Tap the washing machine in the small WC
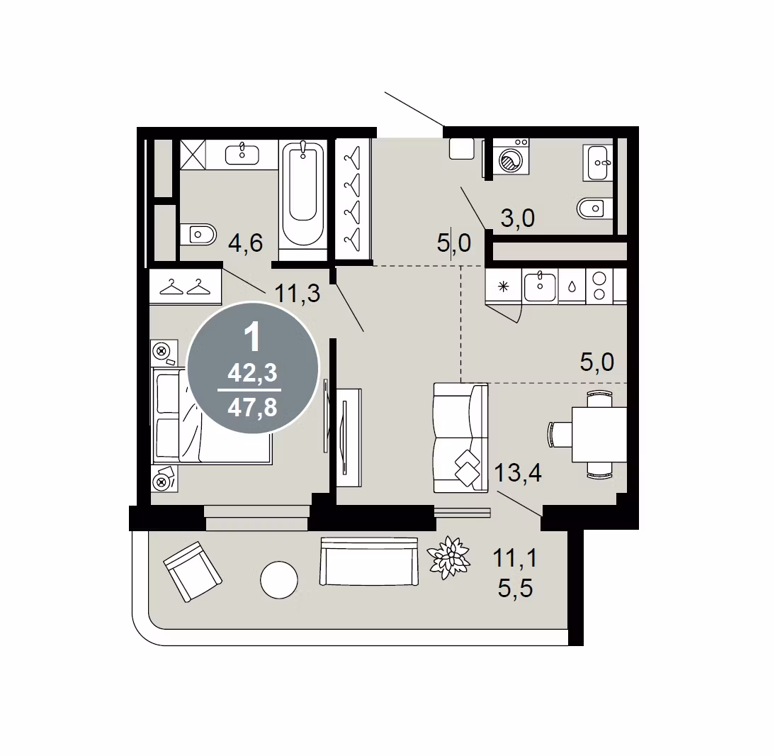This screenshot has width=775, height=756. pos(511,157)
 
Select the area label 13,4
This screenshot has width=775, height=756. pos(517,473)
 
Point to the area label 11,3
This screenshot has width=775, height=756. pos(297,294)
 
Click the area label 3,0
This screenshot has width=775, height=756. pos(517,218)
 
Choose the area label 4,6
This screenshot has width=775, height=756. pos(245,243)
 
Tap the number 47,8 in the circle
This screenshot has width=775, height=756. pos(252,408)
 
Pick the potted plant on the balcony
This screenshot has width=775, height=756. pos(448,557)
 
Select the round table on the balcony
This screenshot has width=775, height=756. pos(279,580)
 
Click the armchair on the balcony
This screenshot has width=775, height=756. pos(192,572)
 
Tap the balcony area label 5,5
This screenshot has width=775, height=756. pos(515,589)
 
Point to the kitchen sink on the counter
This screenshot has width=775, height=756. pos(540,286)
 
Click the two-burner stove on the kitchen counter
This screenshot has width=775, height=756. pos(599,286)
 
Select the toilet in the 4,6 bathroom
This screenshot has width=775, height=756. pos(198,234)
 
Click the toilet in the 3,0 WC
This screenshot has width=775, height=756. pos(595,209)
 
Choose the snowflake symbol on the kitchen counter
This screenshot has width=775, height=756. pos(503,287)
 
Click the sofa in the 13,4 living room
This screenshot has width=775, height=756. pos(460,438)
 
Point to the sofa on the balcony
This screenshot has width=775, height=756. pos(369,562)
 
